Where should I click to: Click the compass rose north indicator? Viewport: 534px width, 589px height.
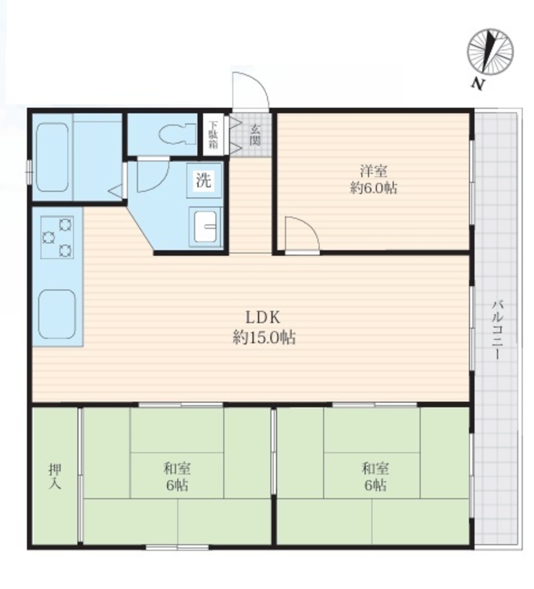click(x=490, y=52)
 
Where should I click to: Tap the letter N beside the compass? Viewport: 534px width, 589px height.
click(x=477, y=84)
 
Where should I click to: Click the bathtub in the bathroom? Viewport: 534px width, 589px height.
click(x=52, y=157)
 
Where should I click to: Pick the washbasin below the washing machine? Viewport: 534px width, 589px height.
click(x=205, y=226)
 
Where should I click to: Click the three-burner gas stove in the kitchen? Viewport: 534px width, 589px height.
click(x=57, y=237)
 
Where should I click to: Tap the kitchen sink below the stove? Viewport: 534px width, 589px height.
click(x=57, y=314)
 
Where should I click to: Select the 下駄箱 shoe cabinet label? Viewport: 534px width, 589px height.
click(x=213, y=134)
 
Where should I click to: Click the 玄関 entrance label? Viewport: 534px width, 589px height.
click(x=255, y=135)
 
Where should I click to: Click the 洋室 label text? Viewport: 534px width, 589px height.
click(x=373, y=171)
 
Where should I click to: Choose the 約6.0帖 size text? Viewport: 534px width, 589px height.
click(x=373, y=188)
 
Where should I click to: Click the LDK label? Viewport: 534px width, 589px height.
click(x=263, y=317)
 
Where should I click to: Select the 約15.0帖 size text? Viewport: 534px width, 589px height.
click(x=264, y=337)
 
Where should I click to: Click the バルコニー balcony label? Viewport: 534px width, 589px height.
click(x=497, y=329)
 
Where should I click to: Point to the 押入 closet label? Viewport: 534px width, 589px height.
click(x=55, y=477)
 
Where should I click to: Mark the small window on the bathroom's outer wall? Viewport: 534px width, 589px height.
click(x=28, y=173)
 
